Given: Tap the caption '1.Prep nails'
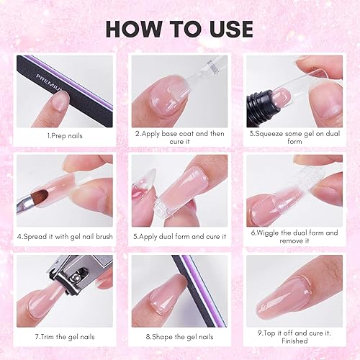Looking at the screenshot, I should click(x=64, y=135).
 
